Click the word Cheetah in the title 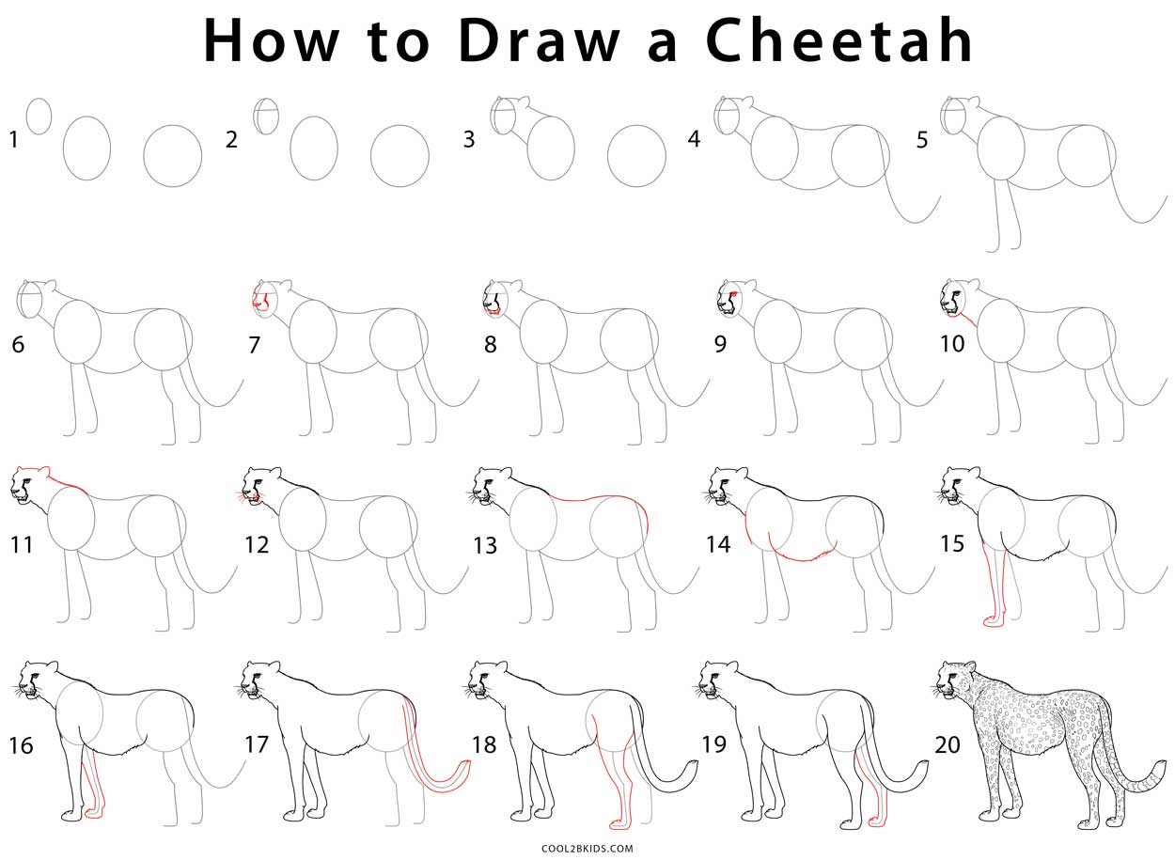tap(838, 39)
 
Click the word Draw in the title tap(540, 41)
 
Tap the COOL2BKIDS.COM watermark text tap(587, 849)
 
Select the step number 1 tap(14, 139)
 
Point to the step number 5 tap(922, 140)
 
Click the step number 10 tap(952, 344)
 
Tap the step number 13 tap(485, 545)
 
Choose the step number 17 tap(257, 744)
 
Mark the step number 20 tap(948, 744)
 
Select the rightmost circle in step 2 tap(399, 156)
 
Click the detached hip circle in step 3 tap(636, 156)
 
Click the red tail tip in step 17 tap(466, 767)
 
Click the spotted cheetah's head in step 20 tap(954, 680)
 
